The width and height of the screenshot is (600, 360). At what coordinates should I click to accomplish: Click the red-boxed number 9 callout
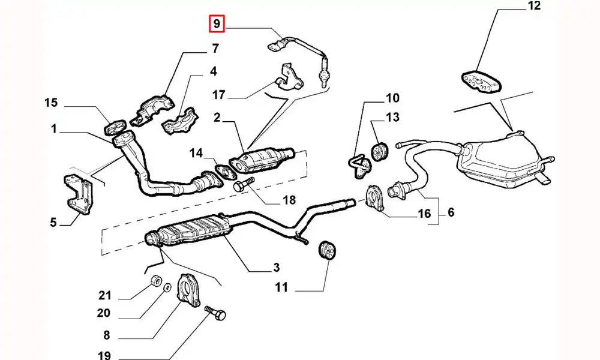215,25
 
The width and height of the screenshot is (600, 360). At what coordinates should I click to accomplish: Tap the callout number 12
533,7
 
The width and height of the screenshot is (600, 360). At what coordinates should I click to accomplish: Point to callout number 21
105,295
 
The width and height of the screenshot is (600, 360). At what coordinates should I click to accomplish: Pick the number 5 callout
53,223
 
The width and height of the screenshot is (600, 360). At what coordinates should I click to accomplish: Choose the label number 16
424,213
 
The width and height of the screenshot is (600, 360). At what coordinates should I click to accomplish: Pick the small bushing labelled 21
154,281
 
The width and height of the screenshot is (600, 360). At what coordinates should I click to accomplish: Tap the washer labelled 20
167,289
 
